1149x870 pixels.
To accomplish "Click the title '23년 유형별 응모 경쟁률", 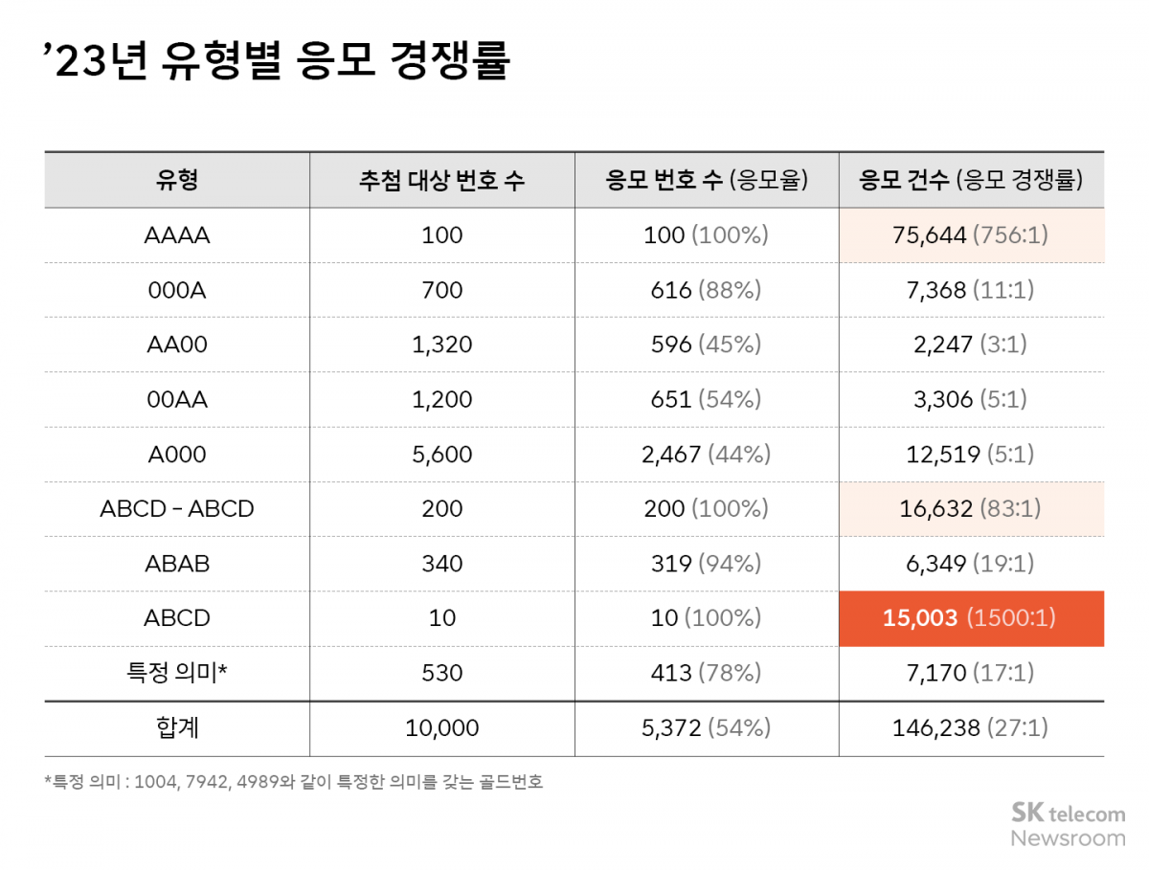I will click(x=278, y=63).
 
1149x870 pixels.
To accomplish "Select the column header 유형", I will click(x=176, y=180).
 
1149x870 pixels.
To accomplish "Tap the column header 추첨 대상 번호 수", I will click(x=441, y=180).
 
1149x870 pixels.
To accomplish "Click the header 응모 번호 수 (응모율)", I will click(x=707, y=180).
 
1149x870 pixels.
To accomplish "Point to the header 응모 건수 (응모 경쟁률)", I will click(x=971, y=180).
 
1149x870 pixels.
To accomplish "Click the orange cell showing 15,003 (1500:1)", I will click(x=971, y=618).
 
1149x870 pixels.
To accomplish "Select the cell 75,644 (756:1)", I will click(x=971, y=234).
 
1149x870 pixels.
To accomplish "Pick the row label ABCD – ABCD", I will click(x=176, y=508).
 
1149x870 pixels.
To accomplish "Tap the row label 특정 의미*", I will click(x=176, y=673).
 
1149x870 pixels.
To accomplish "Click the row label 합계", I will click(x=176, y=728).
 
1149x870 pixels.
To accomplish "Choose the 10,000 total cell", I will click(x=441, y=728).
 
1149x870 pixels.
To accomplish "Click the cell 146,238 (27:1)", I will click(x=971, y=728).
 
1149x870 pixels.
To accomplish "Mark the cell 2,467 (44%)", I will click(x=707, y=454).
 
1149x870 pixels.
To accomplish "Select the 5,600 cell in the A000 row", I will click(x=441, y=454).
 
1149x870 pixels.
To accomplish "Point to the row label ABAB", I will click(x=176, y=564).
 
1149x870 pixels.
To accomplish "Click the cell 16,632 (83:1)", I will click(x=971, y=508).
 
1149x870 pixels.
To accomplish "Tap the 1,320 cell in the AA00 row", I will click(x=441, y=345).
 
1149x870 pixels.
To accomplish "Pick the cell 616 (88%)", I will click(x=707, y=290).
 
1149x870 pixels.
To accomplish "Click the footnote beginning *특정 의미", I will click(x=294, y=782).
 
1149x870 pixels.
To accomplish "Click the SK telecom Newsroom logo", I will click(x=1068, y=825).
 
